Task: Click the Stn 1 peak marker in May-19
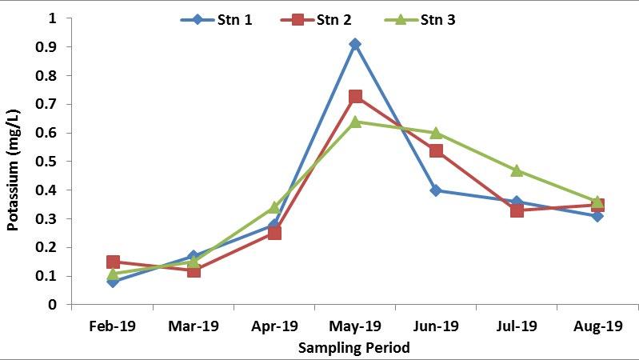pos(355,44)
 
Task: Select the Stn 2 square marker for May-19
pos(355,97)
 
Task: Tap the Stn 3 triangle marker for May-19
pos(355,122)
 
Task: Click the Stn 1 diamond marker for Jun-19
pos(436,190)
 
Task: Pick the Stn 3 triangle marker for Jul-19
pos(517,170)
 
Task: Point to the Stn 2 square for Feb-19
pos(113,262)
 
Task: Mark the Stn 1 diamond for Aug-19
pos(597,216)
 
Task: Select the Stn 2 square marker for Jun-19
pos(436,150)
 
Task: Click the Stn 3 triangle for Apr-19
pos(274,207)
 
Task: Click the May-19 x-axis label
pos(355,326)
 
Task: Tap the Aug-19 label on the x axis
pos(597,326)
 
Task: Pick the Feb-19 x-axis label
pos(113,326)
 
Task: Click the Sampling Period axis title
pos(354,348)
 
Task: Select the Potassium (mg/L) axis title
pos(13,162)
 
